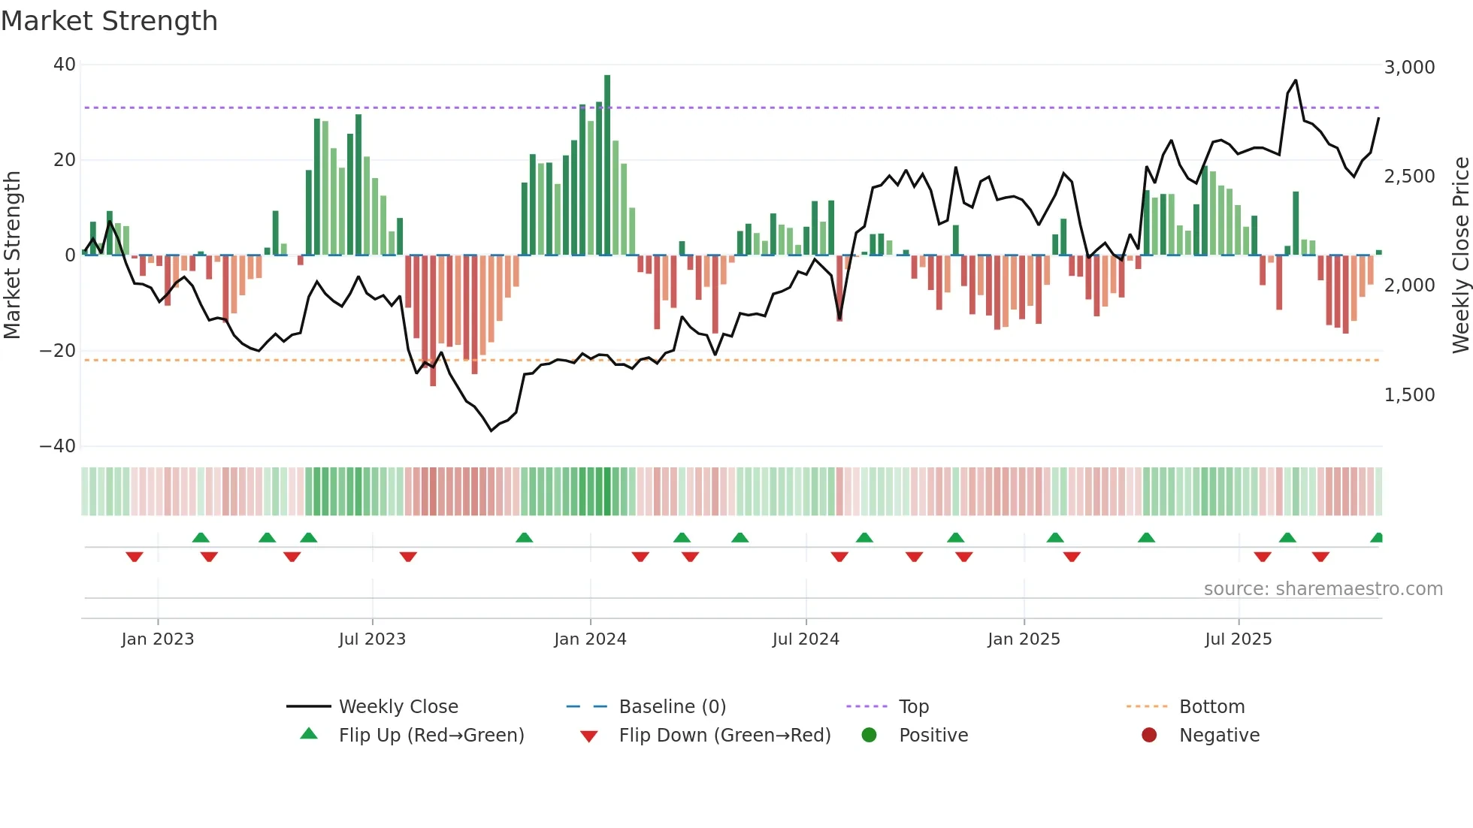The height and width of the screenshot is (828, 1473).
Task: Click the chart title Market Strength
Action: (x=109, y=21)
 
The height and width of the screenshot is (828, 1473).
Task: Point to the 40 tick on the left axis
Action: (x=65, y=65)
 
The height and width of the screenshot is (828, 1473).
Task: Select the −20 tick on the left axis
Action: (x=58, y=351)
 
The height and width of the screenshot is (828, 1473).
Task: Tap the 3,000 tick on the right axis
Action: (x=1409, y=68)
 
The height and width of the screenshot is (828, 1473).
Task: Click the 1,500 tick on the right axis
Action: (x=1409, y=395)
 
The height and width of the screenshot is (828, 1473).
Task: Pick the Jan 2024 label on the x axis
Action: (x=590, y=639)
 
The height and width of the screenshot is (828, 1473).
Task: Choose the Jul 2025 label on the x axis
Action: (x=1238, y=639)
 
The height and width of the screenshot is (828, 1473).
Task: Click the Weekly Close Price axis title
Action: (x=1460, y=255)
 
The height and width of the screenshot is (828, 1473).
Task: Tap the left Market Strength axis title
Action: (x=12, y=255)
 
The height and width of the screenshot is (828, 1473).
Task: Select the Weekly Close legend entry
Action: (x=398, y=707)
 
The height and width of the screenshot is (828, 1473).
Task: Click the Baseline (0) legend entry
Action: (x=672, y=707)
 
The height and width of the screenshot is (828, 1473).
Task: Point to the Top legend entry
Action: (x=913, y=707)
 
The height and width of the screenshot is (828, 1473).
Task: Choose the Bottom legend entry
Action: (x=1211, y=707)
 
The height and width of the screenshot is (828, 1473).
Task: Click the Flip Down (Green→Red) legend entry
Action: (x=724, y=736)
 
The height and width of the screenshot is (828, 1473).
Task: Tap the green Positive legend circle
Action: (x=869, y=736)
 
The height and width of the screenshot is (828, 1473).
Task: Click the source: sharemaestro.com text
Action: (x=1323, y=589)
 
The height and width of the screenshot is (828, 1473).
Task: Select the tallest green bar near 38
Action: (x=607, y=165)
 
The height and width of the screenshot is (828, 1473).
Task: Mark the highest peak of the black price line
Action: (x=1296, y=80)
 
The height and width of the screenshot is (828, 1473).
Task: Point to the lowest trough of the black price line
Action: (x=492, y=431)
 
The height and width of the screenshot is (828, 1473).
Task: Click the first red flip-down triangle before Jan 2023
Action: (x=135, y=557)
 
